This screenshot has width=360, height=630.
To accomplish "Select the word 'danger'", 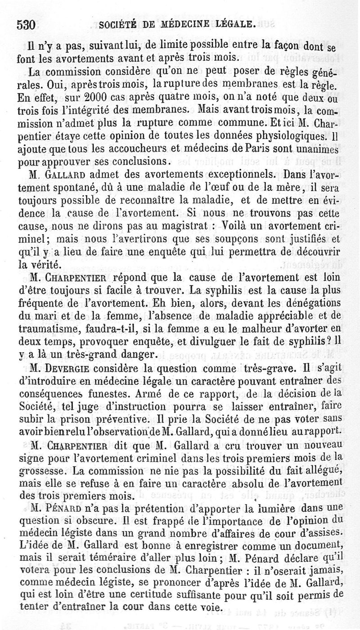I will pos(134,355).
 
